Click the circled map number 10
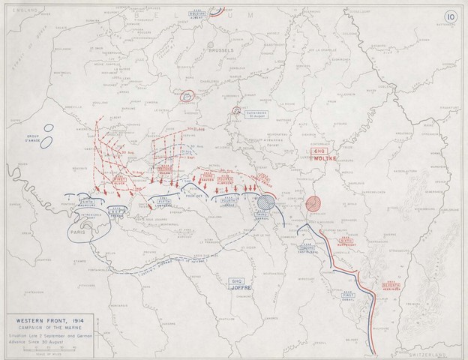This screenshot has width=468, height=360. coord(448,16)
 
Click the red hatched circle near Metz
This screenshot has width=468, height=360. coord(315,204)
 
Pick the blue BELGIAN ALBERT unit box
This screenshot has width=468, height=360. coord(197,14)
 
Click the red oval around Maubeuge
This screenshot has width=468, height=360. coord(186,96)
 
